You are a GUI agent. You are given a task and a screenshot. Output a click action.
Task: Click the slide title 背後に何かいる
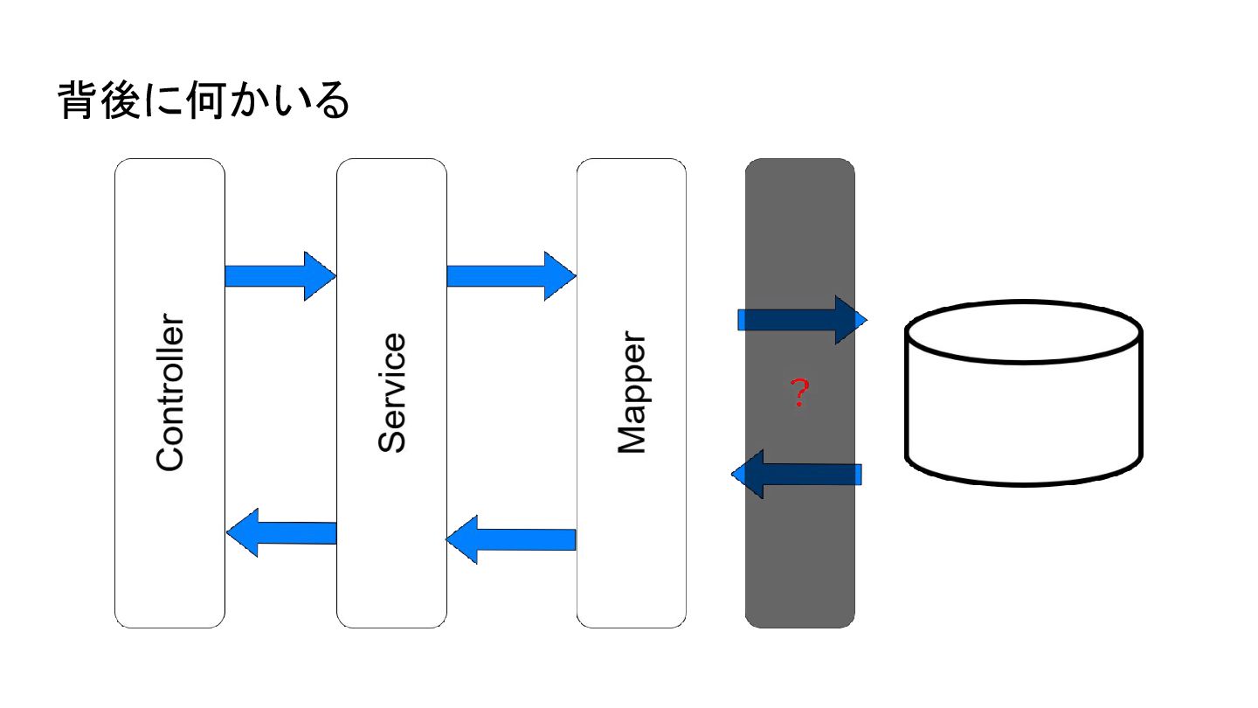pos(204,101)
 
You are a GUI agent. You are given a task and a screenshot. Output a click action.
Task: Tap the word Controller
pos(170,393)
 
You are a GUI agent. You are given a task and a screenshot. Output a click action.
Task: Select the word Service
pos(392,392)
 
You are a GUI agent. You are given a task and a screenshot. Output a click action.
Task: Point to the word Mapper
pos(632,393)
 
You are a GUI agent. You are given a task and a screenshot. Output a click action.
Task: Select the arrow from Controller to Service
pos(280,276)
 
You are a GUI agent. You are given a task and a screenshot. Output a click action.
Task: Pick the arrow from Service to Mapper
pos(511,276)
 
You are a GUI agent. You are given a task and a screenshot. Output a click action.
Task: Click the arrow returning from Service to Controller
pos(281,532)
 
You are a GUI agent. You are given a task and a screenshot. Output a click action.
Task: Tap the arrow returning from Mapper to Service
pos(511,539)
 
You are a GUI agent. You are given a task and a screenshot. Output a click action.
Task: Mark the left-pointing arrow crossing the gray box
pos(797,474)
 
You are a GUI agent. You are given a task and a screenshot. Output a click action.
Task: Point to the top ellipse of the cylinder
pos(1023,332)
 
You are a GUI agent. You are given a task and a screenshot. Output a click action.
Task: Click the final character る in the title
pos(333,101)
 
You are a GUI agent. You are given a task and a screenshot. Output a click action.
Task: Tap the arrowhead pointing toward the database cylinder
pos(850,320)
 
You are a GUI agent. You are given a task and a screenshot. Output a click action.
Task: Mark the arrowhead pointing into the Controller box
pos(242,532)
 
